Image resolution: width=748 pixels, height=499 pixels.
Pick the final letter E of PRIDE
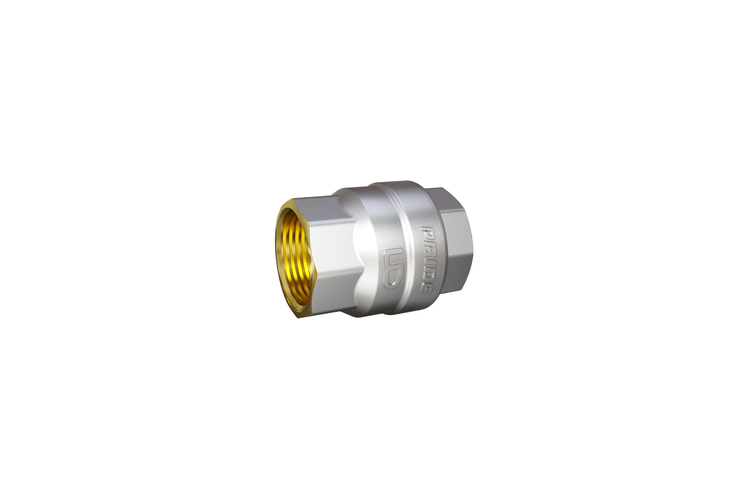click(426, 284)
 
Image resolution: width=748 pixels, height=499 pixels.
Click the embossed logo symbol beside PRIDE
click(394, 269)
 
